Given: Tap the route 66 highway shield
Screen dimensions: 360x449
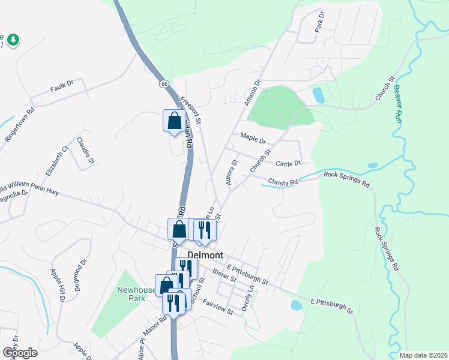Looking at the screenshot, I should point(164,84).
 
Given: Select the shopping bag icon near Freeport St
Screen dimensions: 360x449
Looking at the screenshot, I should point(173,121).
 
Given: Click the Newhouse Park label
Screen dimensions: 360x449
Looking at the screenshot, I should point(134,294).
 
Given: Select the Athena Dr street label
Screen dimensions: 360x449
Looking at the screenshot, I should point(252,93).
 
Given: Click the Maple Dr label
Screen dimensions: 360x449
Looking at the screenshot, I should point(253,139).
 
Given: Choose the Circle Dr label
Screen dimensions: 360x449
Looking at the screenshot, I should point(288,163).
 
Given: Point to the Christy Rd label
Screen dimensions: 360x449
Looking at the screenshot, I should point(283,182).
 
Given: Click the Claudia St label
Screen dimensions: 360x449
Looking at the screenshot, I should point(85,151).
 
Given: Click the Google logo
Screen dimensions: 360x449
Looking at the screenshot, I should point(20,352).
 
